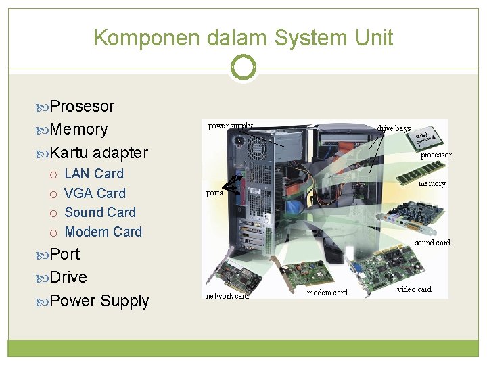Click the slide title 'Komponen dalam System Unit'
(243, 37)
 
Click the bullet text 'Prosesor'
(82, 106)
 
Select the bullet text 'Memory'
(78, 129)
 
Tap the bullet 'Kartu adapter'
(99, 152)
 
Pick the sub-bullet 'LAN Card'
(94, 174)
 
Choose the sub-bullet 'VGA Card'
(95, 193)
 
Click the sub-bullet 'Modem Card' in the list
(103, 232)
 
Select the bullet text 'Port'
(65, 254)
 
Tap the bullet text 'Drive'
(68, 277)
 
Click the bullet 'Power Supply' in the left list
(99, 301)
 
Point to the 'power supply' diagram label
(230, 126)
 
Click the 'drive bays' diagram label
(394, 128)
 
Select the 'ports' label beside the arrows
(214, 193)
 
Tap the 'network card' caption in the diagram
(227, 296)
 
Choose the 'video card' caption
(414, 289)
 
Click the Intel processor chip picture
(426, 139)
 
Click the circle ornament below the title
(243, 68)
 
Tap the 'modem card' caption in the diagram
(327, 293)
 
